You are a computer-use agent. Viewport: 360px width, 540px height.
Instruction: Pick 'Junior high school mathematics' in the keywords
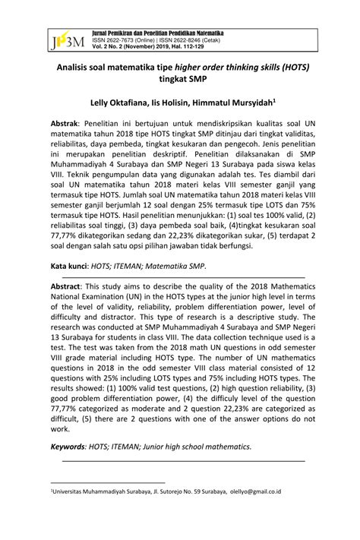point(214,446)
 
